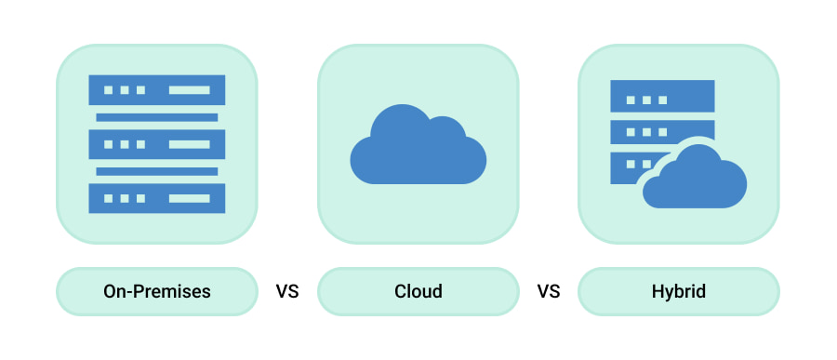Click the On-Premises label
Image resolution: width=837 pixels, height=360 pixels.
pos(157,292)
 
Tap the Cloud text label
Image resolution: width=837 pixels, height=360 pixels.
pos(418,292)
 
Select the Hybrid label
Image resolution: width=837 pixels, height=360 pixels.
pos(679,292)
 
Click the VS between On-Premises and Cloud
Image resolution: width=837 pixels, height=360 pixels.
pos(287,292)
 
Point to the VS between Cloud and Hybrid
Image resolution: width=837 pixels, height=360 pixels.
pos(549,292)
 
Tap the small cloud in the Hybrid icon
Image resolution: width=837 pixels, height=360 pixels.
pos(695,180)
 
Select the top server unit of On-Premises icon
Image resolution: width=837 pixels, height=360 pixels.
pos(157,90)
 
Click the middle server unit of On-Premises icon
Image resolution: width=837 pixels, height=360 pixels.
pos(157,144)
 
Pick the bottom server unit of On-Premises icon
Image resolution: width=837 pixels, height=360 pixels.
pos(157,198)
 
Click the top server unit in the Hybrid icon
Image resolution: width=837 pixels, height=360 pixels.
pos(662,98)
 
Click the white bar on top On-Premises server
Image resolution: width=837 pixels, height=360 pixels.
pos(189,90)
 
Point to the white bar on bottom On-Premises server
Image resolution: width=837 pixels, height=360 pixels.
pos(189,198)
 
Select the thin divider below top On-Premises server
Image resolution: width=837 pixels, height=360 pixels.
pos(157,117)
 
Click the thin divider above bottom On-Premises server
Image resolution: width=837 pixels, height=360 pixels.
pos(157,171)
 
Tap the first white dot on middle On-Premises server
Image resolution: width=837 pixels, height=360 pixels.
pos(108,144)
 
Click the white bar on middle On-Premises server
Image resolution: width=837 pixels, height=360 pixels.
pos(189,144)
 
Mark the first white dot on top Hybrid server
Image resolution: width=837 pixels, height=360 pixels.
pos(629,99)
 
